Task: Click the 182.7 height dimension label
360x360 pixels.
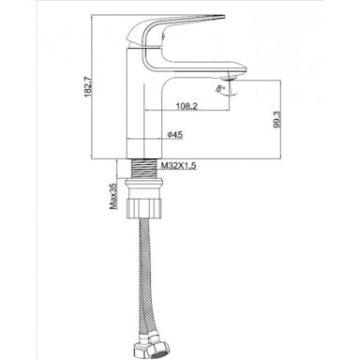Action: click(x=88, y=86)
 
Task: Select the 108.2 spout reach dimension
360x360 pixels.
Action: click(x=187, y=106)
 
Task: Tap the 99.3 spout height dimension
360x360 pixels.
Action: click(x=277, y=120)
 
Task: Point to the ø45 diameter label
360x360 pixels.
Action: click(x=175, y=135)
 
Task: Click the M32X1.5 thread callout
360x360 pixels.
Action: click(x=179, y=165)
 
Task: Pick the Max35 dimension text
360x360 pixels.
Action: click(x=112, y=196)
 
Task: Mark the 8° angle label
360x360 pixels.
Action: click(x=221, y=88)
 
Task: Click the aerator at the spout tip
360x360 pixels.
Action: click(x=232, y=77)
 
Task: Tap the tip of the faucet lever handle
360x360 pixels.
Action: click(x=224, y=15)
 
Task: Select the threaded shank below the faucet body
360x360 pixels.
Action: click(x=144, y=169)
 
